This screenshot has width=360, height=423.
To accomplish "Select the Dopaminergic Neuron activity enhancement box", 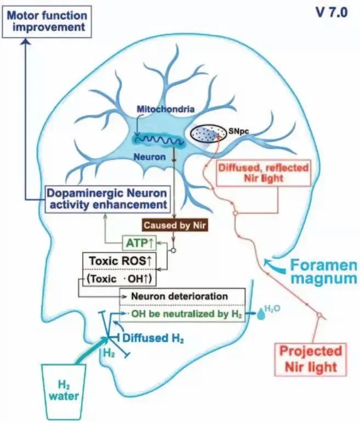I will [x=108, y=198].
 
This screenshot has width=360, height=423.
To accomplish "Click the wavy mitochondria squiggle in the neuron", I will [x=156, y=139].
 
